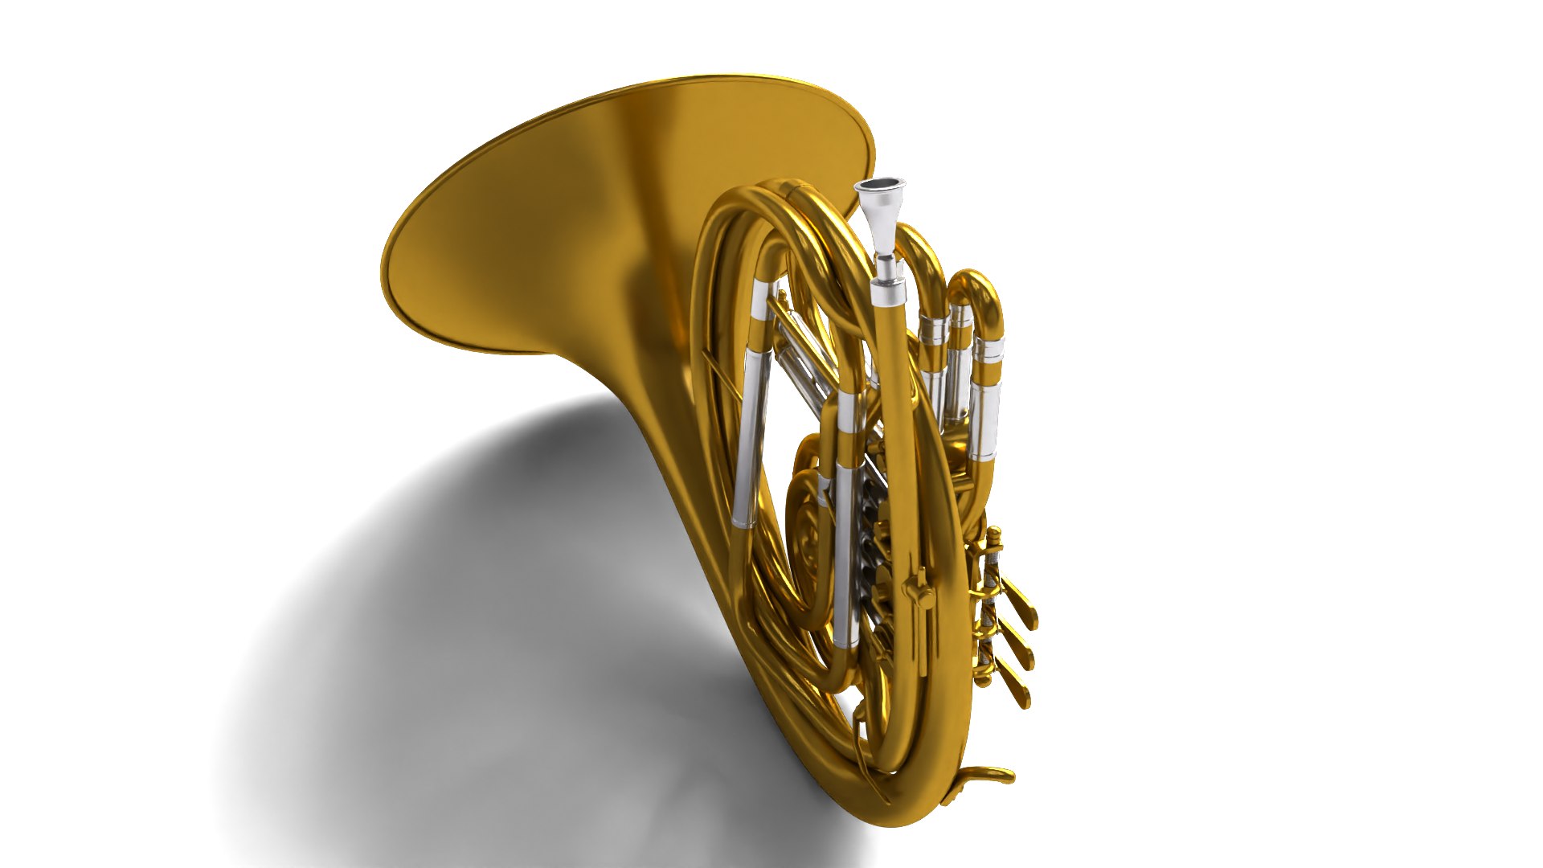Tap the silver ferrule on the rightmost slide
pos(988,350)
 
